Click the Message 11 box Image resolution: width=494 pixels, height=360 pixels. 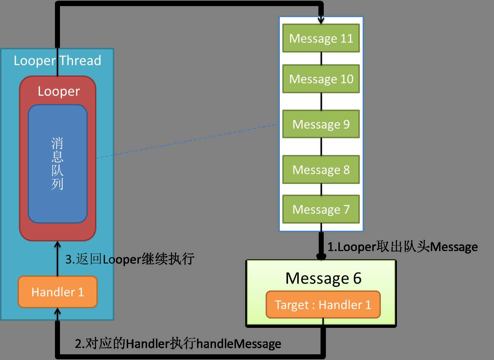[321, 38]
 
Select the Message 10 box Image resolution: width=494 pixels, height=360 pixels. [321, 79]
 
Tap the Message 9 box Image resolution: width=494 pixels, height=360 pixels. [321, 124]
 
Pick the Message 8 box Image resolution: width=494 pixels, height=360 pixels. [321, 170]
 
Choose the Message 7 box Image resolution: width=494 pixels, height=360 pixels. [321, 209]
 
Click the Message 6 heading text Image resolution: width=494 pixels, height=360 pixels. [323, 278]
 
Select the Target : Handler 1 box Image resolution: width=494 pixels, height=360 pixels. [323, 305]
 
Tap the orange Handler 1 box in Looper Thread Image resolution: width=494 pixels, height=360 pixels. [57, 292]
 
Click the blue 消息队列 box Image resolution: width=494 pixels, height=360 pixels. [57, 164]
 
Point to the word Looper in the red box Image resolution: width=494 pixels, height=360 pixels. [59, 91]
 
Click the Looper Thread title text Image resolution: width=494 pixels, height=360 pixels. [57, 61]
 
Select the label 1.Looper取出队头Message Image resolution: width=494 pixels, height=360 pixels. [403, 247]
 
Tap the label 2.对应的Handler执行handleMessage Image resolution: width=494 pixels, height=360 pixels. [178, 344]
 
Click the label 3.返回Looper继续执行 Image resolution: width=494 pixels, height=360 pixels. [130, 259]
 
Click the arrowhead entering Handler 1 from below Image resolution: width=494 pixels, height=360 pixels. [57, 312]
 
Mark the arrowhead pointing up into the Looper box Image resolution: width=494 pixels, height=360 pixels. [57, 245]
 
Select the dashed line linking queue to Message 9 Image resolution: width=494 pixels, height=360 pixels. [187, 141]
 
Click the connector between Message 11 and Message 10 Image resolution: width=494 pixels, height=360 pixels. [321, 59]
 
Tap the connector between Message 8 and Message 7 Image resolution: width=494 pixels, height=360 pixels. [321, 189]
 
